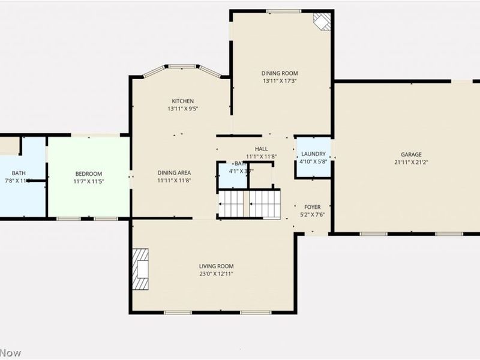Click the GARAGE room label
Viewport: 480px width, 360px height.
(407, 154)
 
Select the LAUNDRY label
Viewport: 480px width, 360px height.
(313, 154)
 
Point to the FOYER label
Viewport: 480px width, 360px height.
(313, 207)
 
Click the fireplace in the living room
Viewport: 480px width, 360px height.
(142, 269)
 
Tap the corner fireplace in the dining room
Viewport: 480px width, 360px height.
(322, 22)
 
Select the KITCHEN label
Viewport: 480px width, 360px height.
(182, 101)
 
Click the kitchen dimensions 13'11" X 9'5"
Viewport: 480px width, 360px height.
(182, 109)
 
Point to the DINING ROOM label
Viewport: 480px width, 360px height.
(279, 73)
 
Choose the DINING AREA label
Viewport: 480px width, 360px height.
(174, 172)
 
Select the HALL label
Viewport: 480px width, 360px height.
(261, 149)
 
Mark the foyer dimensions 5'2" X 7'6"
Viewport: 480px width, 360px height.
(313, 214)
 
